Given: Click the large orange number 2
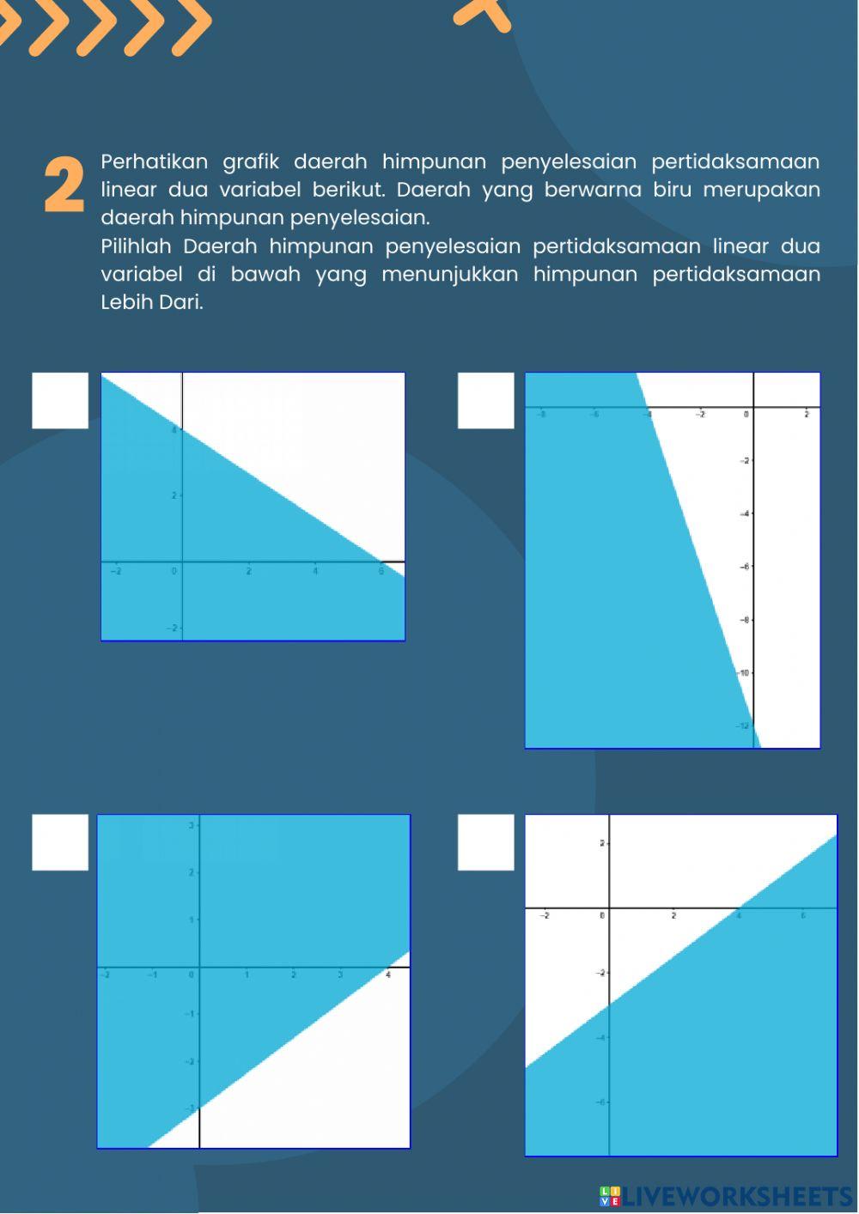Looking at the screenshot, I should coord(64,185).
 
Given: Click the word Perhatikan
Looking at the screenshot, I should coord(154,161).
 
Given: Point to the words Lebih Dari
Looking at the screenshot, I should coord(151,302).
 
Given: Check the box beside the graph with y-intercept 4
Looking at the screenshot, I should coord(60,400).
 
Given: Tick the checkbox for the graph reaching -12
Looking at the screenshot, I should coord(485,400).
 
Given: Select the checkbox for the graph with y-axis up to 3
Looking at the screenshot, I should coord(60,842).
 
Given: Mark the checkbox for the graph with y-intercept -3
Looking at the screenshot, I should coord(485,842).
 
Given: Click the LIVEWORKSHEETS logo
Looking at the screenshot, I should coord(726,1196).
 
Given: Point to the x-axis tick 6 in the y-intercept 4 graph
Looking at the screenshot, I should coord(381,571).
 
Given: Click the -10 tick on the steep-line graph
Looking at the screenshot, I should coord(743,673).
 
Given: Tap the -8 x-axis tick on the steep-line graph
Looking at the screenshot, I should coord(540,415).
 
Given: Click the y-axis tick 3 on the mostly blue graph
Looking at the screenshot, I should coord(192,825).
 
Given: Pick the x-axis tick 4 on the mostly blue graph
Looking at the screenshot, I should coord(387,975).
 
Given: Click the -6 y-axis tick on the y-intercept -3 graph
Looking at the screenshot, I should coord(601,1102).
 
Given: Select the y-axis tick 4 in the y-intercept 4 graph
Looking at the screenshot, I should coord(174,430).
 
